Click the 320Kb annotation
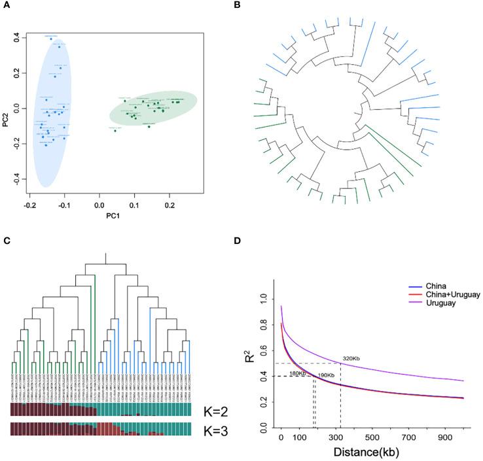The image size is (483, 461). pyautogui.click(x=353, y=358)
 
